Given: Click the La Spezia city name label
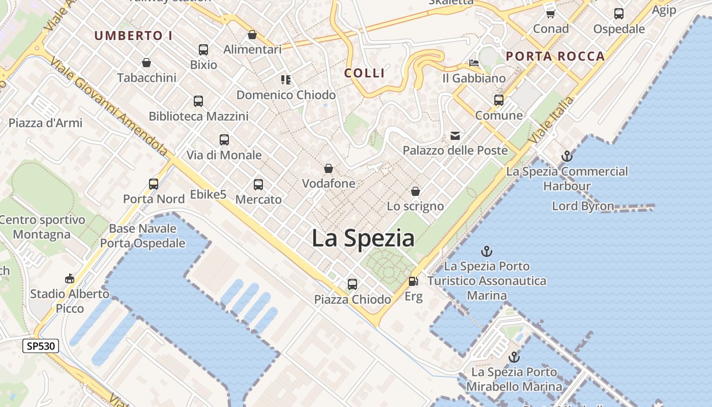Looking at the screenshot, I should coord(363,238).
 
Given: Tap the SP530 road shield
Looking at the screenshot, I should coord(41,346).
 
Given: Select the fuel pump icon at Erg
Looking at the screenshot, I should coord(413,281).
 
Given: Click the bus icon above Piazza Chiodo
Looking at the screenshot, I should coord(352,284).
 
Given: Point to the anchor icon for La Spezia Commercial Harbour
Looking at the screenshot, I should coord(567,156).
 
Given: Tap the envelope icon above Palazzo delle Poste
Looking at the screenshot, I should coord(455,135).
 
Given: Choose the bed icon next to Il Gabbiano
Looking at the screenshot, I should coord(474,63).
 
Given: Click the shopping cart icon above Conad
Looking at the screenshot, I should coord(550,14).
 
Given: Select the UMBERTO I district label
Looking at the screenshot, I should coord(133,36).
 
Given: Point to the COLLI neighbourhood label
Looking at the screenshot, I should coord(365,73).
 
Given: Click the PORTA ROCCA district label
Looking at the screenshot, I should coord(555,56).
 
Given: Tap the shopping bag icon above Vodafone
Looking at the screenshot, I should coord(329,168).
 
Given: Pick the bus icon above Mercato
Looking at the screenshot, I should coord(258,184).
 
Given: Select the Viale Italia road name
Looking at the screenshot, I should coord(551,120).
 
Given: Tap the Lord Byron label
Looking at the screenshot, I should coord(583,206).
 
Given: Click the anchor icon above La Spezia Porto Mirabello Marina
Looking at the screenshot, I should coord(514,357).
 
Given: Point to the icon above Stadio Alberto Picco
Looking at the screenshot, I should coord(70,278).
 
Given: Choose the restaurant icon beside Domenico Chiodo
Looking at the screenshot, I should coord(286,79).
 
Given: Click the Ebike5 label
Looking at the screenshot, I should coord(208,194).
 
